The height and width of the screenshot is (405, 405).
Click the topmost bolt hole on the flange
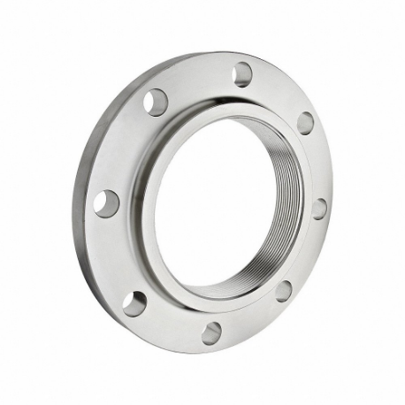click(x=242, y=74)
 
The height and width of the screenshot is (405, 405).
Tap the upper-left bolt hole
click(x=156, y=102)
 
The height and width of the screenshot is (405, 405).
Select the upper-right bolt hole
click(x=305, y=123)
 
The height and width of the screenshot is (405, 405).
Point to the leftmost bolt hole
click(x=106, y=202)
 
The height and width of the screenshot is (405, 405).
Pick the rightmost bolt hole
click(x=319, y=209)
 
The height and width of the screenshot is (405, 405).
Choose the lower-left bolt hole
click(x=134, y=303)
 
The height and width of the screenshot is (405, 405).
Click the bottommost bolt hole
click(x=212, y=332)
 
